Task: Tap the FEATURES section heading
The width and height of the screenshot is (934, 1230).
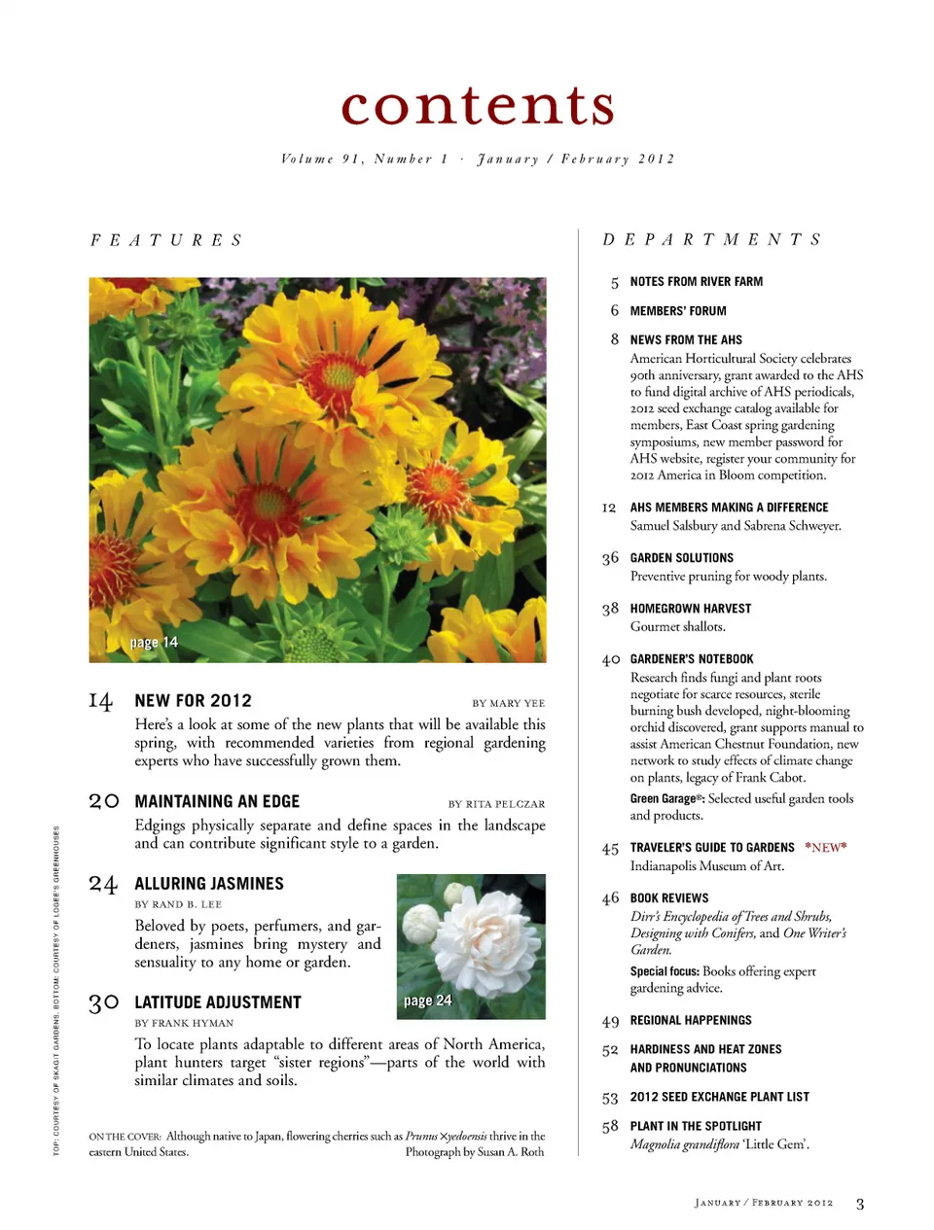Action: click(166, 240)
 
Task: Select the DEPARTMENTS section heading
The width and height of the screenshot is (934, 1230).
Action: click(712, 239)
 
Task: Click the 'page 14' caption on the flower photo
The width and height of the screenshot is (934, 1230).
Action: click(154, 643)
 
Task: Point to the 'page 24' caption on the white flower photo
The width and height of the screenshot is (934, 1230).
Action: click(427, 1001)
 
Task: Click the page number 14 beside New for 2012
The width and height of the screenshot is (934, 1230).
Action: click(100, 701)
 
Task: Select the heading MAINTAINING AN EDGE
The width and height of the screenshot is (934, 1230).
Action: click(217, 801)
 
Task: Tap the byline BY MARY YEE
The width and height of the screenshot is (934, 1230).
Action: click(508, 703)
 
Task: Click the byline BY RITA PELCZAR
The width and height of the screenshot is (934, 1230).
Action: click(496, 804)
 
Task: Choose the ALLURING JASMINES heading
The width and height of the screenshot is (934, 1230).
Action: click(209, 883)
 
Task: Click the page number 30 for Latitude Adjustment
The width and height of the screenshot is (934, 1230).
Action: click(103, 1002)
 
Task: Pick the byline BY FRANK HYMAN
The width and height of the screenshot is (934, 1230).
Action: click(184, 1023)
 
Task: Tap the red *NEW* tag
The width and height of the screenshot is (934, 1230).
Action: click(825, 847)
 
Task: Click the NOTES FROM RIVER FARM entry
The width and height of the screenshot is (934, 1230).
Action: click(696, 281)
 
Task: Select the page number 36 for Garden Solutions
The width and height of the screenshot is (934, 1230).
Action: click(610, 558)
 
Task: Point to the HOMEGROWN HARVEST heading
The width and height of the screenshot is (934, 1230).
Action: click(690, 609)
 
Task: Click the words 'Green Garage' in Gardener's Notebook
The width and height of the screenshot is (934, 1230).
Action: click(663, 798)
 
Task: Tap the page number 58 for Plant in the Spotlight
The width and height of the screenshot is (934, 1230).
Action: click(610, 1126)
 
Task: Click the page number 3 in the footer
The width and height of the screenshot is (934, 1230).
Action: click(859, 1204)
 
